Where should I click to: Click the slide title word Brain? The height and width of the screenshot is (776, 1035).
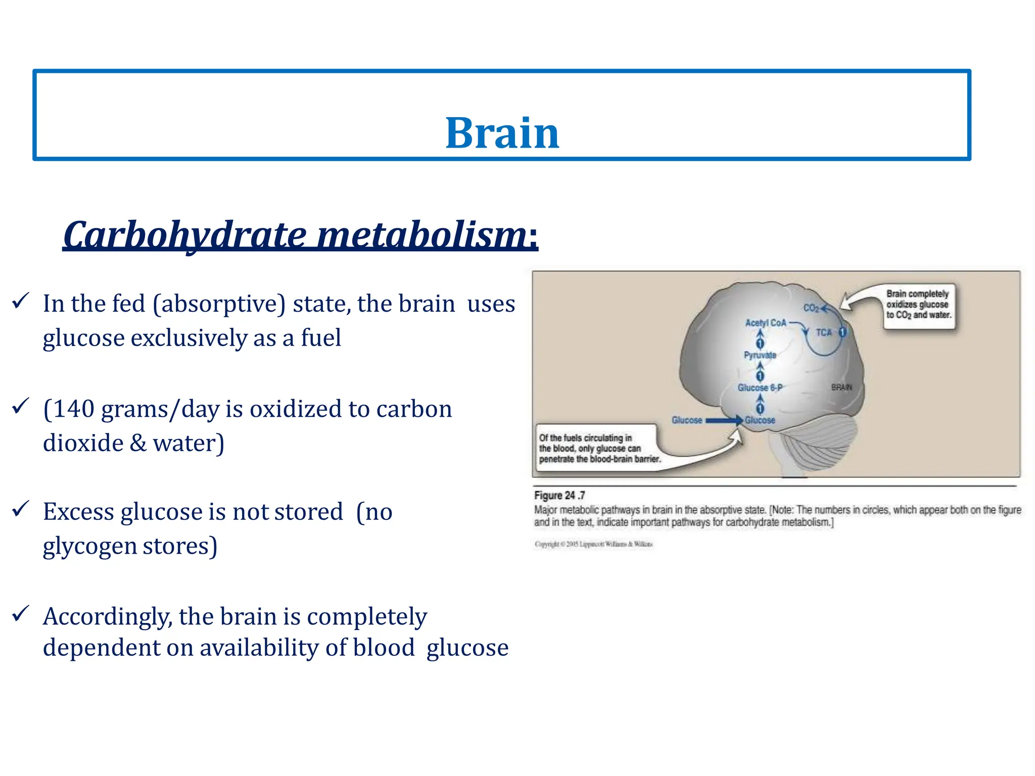tap(502, 133)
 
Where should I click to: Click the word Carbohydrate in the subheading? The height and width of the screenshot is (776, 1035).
tap(184, 235)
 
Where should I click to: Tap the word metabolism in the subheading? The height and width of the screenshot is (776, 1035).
tap(422, 235)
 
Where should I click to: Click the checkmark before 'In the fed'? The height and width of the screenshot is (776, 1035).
tap(21, 301)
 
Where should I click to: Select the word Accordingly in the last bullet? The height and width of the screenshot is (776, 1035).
tap(107, 617)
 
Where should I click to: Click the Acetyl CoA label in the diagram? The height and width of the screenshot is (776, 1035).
tap(766, 323)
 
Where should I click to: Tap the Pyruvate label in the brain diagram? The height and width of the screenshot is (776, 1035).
tap(760, 355)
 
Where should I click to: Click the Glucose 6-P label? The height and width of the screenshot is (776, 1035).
tap(760, 387)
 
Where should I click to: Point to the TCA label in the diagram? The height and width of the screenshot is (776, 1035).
tap(823, 332)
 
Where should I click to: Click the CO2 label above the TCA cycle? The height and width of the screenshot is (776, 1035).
tap(811, 308)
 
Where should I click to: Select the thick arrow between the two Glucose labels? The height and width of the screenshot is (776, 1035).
tap(723, 420)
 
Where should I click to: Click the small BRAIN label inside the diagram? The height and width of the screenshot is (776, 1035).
tap(841, 387)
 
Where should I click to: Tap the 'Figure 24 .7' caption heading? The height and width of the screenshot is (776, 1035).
tap(559, 496)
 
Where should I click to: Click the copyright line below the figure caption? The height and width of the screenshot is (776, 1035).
tap(594, 544)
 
